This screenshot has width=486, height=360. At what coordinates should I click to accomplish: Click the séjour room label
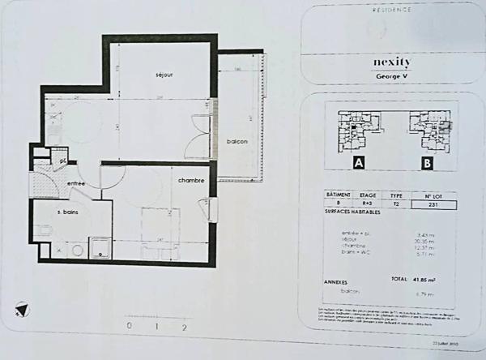(164, 75)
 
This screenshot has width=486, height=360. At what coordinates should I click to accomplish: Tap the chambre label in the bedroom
(191, 180)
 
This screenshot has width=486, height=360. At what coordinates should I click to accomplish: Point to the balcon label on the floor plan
(237, 141)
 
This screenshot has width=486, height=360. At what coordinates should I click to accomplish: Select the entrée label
(76, 184)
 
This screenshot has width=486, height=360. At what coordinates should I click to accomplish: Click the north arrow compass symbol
(23, 309)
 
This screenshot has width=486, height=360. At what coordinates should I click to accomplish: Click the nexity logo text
(392, 62)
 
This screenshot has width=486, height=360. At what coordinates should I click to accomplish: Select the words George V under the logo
(392, 76)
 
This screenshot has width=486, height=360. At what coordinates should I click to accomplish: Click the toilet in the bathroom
(43, 232)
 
